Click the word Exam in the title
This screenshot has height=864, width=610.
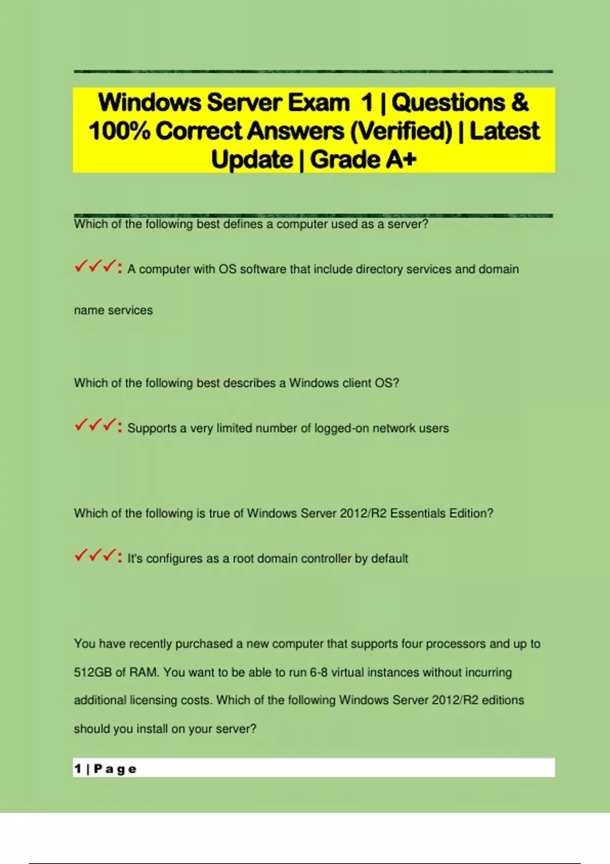[319, 103]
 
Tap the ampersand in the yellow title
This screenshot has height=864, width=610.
[520, 103]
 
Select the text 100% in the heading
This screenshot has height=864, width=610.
[119, 131]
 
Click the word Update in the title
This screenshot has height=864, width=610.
[252, 160]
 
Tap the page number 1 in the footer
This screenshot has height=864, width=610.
[78, 768]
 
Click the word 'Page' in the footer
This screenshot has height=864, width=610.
[115, 769]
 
